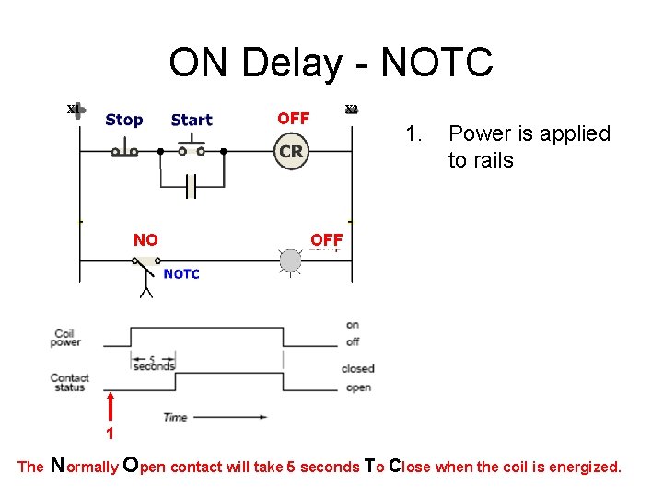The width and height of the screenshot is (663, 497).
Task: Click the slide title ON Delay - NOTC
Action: pyautogui.click(x=331, y=63)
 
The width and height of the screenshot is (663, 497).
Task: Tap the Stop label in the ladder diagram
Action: pyautogui.click(x=123, y=120)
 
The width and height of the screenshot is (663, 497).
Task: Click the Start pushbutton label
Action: pyautogui.click(x=192, y=120)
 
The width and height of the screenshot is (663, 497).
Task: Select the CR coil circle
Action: pyautogui.click(x=291, y=151)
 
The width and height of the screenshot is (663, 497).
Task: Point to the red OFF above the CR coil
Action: pyautogui.click(x=293, y=119)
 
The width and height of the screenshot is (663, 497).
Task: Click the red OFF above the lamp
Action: pyautogui.click(x=326, y=240)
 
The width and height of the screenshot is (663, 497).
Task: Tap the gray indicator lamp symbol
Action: pyautogui.click(x=291, y=261)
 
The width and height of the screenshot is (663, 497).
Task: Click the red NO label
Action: pyautogui.click(x=145, y=240)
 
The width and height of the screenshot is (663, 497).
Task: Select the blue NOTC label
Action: pyautogui.click(x=181, y=273)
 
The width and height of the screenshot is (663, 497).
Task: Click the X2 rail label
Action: pyautogui.click(x=351, y=110)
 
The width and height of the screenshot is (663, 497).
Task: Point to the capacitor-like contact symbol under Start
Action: pyautogui.click(x=191, y=188)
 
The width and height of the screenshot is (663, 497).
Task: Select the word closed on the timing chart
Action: pyautogui.click(x=357, y=369)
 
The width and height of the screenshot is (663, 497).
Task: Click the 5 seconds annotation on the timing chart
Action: pyautogui.click(x=153, y=364)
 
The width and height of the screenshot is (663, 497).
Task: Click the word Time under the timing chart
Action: pyautogui.click(x=175, y=417)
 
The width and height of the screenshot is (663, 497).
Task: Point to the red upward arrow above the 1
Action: pyautogui.click(x=110, y=405)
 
